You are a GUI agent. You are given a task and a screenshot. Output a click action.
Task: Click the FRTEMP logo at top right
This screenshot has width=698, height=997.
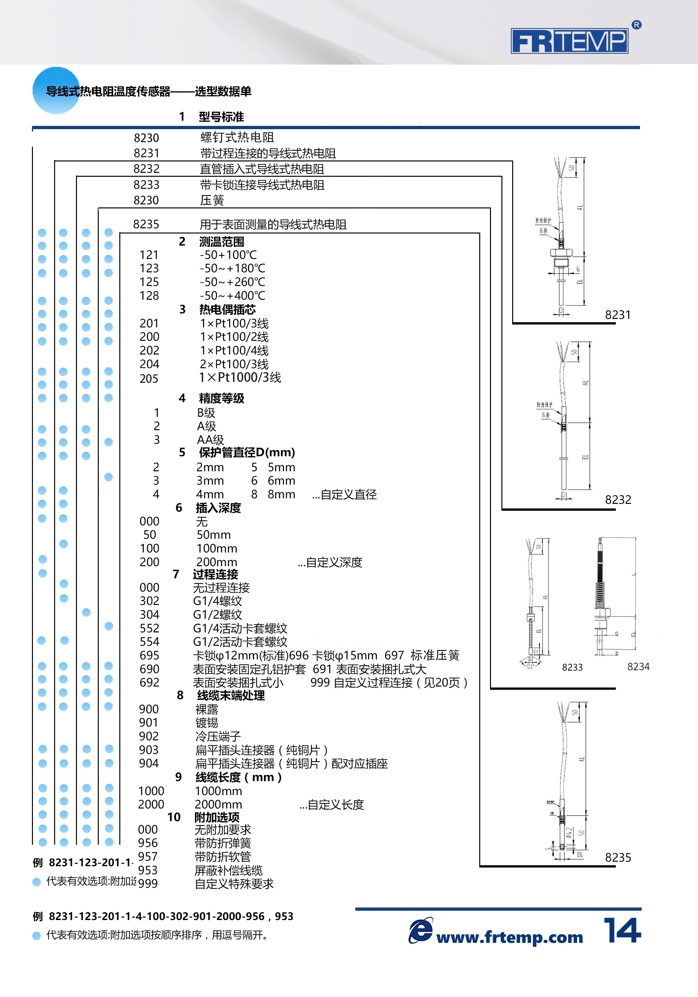point(570,41)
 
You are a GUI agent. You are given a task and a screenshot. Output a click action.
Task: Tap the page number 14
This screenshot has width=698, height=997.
point(622,930)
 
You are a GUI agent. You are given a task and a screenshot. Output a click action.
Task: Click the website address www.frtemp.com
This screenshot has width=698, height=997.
point(509,938)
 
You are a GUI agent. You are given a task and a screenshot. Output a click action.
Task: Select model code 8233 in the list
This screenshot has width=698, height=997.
point(146,185)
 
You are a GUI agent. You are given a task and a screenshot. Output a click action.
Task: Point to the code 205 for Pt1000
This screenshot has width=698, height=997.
point(149,379)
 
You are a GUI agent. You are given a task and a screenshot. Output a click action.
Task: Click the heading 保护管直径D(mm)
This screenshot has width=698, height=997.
point(246,452)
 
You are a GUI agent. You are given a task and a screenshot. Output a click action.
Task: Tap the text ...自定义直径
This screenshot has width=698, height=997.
point(344,495)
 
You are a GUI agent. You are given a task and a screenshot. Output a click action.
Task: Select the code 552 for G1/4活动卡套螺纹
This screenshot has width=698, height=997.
point(149,628)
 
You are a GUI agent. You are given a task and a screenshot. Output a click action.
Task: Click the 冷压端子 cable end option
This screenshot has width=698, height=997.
point(218,736)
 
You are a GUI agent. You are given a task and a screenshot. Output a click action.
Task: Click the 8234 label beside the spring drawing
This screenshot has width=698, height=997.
point(638,667)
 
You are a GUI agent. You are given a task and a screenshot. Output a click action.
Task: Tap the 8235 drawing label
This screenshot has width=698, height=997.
point(618,858)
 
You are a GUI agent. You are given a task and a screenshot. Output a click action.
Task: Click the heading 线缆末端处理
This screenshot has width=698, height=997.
point(231,696)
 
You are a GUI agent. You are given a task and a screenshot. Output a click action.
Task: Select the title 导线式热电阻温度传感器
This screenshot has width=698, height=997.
point(108,92)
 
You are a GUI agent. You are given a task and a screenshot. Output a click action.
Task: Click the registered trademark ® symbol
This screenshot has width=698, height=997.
point(636,25)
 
